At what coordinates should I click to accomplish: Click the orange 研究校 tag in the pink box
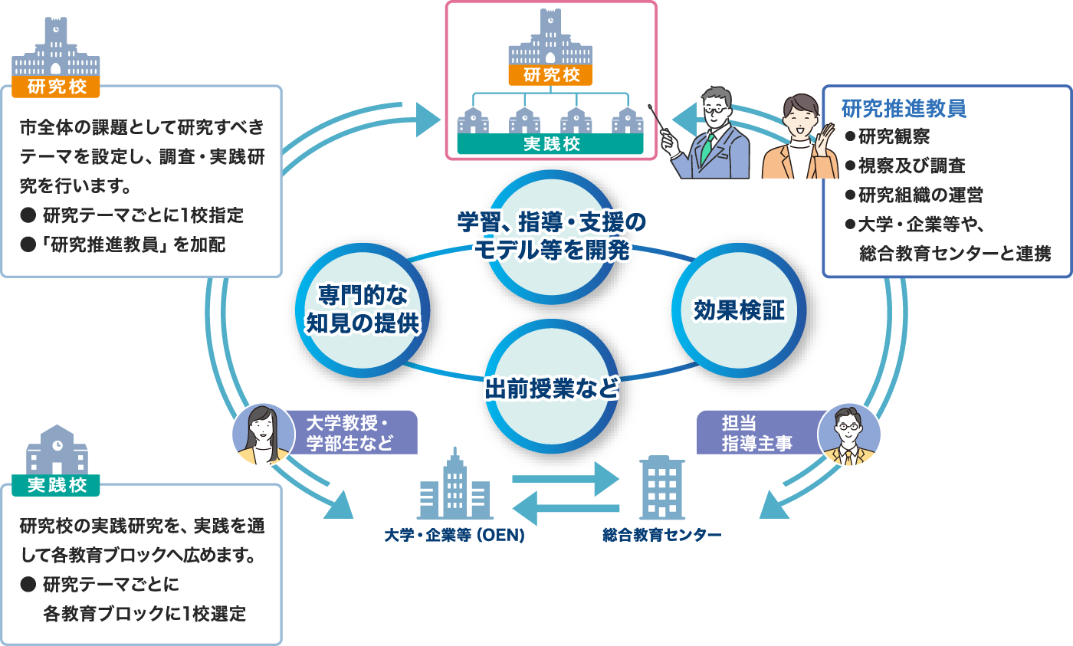(x=551, y=75)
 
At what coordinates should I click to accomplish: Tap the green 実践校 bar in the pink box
(x=551, y=144)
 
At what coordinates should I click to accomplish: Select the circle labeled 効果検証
(x=739, y=310)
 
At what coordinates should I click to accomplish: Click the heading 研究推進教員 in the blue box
(x=904, y=108)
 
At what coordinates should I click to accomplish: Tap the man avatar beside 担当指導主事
(x=849, y=434)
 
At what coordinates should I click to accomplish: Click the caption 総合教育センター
(x=661, y=535)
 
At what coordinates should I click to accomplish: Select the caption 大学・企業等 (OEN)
(x=454, y=535)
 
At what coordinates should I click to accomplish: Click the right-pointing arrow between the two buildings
(x=565, y=480)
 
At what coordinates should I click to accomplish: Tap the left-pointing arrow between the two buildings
(x=565, y=507)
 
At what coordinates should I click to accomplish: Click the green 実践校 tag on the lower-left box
(x=55, y=485)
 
